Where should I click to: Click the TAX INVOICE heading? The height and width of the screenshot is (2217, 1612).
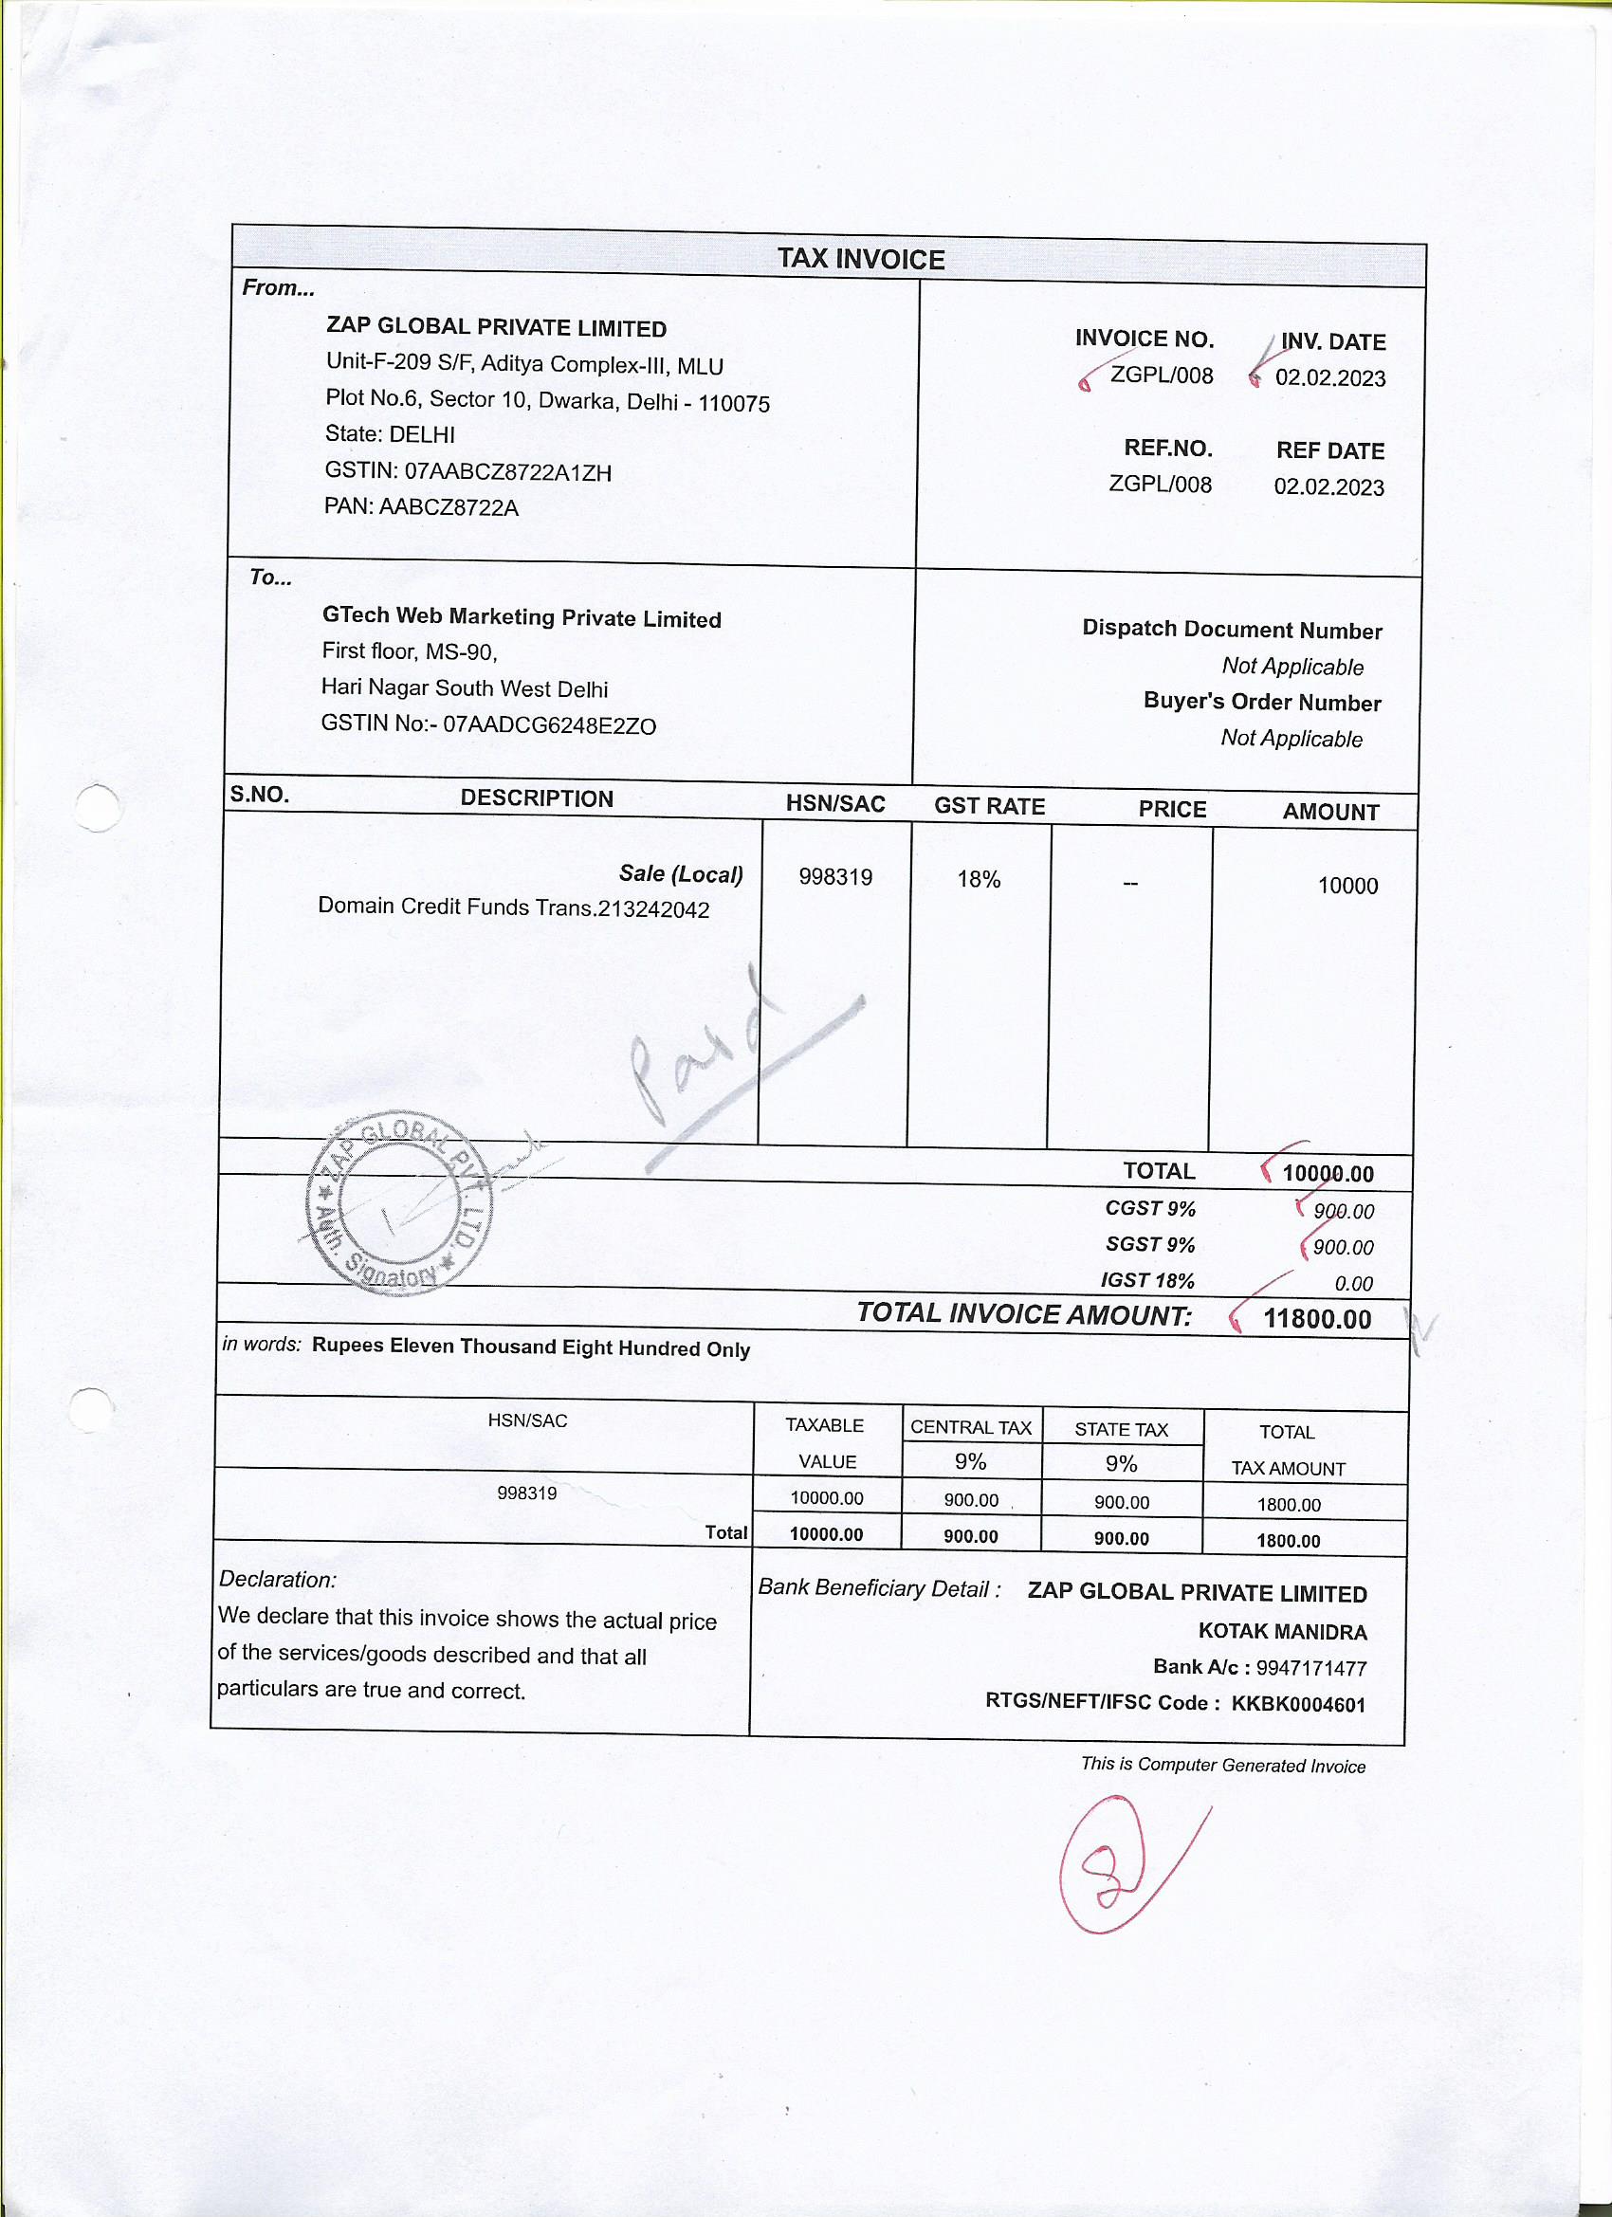pyautogui.click(x=860, y=259)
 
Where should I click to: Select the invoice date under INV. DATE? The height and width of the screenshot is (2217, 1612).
pyautogui.click(x=1329, y=378)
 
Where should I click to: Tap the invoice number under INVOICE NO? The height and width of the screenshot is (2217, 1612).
pyautogui.click(x=1161, y=376)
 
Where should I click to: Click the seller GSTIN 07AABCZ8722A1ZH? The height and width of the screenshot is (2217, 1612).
pyautogui.click(x=507, y=472)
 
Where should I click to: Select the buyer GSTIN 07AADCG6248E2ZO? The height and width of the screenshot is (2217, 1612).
pyautogui.click(x=549, y=725)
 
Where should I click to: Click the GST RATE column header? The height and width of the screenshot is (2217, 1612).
pyautogui.click(x=988, y=806)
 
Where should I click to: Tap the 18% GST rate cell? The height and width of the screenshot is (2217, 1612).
pyautogui.click(x=979, y=880)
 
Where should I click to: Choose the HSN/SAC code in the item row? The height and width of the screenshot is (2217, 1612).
pyautogui.click(x=834, y=877)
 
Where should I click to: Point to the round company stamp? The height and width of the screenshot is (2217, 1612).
pyautogui.click(x=399, y=1202)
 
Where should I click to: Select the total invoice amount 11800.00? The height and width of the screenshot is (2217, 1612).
pyautogui.click(x=1317, y=1319)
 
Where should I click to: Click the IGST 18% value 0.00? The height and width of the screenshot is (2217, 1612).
pyautogui.click(x=1353, y=1284)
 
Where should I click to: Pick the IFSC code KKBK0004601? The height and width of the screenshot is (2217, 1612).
pyautogui.click(x=1297, y=1704)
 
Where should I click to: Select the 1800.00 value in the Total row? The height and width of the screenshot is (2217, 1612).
pyautogui.click(x=1288, y=1541)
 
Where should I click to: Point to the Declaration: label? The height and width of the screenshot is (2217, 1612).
pyautogui.click(x=278, y=1579)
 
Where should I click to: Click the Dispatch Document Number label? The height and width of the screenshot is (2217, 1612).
pyautogui.click(x=1231, y=630)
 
